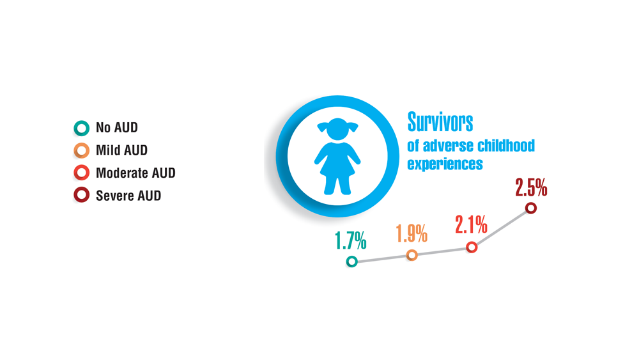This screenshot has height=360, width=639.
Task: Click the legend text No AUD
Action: [x=116, y=128]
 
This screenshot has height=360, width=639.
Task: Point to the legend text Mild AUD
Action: [x=121, y=150]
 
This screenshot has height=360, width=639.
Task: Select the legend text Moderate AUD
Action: [x=135, y=173]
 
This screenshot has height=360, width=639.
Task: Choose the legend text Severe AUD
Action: [x=128, y=196]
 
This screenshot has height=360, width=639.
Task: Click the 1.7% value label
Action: [x=350, y=240]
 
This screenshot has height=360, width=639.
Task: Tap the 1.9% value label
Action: [x=412, y=233]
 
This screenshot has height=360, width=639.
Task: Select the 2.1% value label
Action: [x=471, y=224]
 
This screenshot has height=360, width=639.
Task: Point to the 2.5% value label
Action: [x=531, y=187]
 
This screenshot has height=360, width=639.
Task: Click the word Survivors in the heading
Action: [x=440, y=122]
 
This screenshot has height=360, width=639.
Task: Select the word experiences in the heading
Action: [x=445, y=164]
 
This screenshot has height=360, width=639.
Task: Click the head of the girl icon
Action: [x=337, y=129]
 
